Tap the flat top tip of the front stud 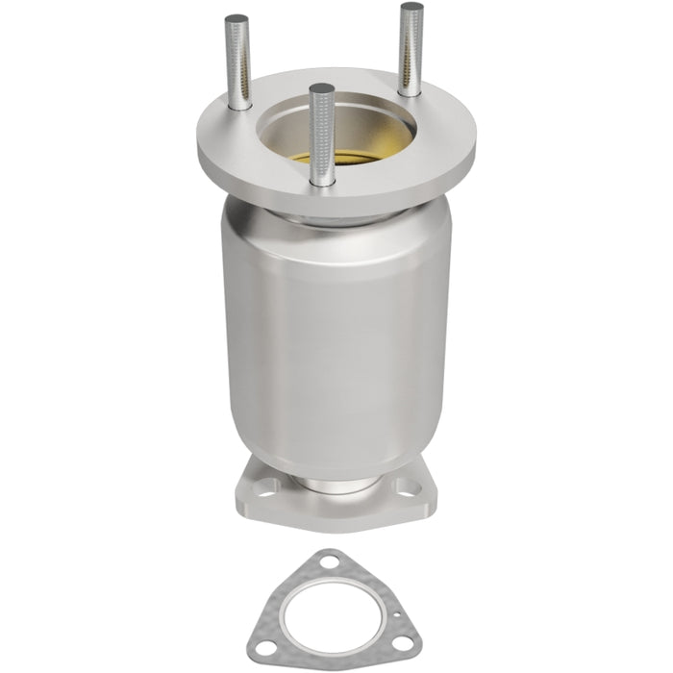[x=323, y=89]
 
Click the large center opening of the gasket [x=333, y=604]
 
